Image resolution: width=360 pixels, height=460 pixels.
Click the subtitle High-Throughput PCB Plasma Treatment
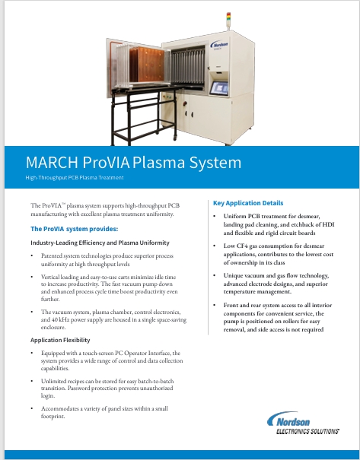pos(74,178)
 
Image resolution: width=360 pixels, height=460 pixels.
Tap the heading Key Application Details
pos(247,203)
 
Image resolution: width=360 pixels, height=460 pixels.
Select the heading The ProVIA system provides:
pos(74,229)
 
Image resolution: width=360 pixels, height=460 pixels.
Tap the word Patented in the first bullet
pos(53,257)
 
